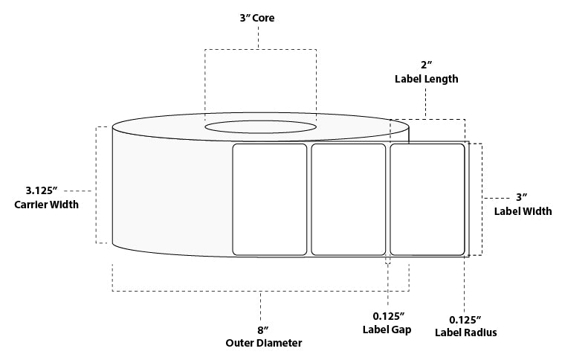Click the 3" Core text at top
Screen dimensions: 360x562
[259, 19]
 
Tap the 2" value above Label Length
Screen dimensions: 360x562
[425, 64]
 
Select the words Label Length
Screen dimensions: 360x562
[425, 78]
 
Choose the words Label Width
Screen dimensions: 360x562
[523, 211]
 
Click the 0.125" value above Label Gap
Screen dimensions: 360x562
[387, 315]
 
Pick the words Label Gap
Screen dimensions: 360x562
[387, 330]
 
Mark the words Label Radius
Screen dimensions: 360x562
[465, 332]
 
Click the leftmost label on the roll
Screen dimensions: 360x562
[270, 199]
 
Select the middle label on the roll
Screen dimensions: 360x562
[348, 199]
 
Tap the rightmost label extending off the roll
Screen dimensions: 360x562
[427, 199]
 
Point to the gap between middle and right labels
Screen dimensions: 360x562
[387, 199]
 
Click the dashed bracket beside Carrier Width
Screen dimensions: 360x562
[97, 185]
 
